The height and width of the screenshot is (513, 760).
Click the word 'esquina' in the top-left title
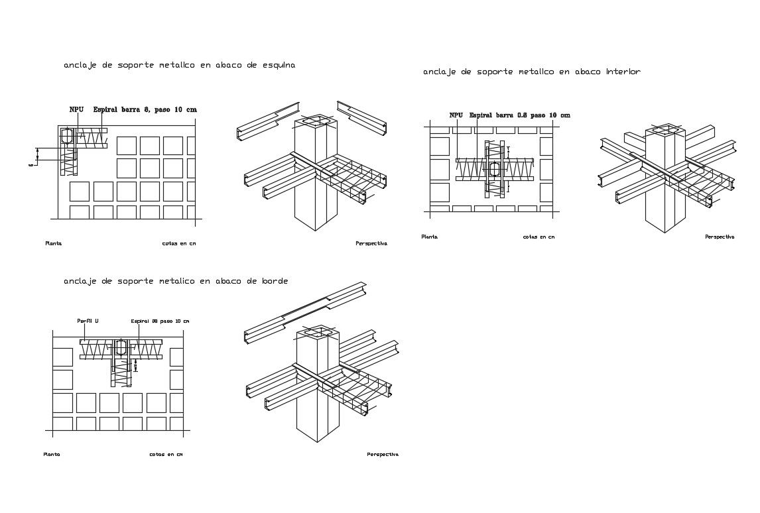[278, 66]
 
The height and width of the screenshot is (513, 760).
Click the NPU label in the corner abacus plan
[76, 109]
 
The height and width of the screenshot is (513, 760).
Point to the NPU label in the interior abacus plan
[456, 115]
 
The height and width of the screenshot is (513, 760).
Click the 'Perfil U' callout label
[88, 321]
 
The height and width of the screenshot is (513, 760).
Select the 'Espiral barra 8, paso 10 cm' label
[145, 109]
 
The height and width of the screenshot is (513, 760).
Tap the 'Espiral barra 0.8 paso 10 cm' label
[519, 115]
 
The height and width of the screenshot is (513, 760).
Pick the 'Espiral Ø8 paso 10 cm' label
[160, 321]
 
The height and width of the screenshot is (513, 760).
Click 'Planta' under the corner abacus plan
[54, 243]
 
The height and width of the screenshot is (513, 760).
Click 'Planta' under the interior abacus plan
[429, 237]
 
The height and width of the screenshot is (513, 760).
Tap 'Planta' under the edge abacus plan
[52, 455]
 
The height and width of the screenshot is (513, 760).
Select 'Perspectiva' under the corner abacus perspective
[371, 243]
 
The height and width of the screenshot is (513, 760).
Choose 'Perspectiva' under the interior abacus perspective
[720, 237]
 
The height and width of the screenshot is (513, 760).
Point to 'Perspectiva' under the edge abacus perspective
[383, 455]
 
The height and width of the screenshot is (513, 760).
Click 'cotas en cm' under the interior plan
[538, 237]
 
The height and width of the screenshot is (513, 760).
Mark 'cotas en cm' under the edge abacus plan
[166, 455]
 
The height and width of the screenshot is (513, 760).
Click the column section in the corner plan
[67, 137]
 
